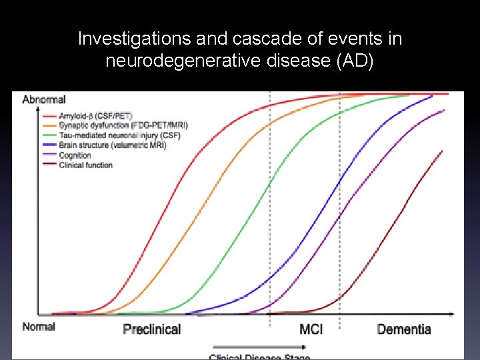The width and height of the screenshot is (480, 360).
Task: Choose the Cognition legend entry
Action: [x=75, y=155]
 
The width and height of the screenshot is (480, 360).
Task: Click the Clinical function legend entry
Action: [x=85, y=164]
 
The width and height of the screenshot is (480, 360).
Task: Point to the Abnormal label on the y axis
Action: [x=43, y=100]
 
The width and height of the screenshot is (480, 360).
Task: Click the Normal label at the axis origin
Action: [x=38, y=327]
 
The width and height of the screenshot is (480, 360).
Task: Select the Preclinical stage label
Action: [x=152, y=329]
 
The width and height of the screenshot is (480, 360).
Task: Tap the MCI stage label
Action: [x=311, y=329]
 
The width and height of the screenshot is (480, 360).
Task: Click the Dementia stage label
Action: [x=404, y=329]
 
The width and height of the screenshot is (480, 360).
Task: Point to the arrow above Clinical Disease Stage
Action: [x=260, y=347]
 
